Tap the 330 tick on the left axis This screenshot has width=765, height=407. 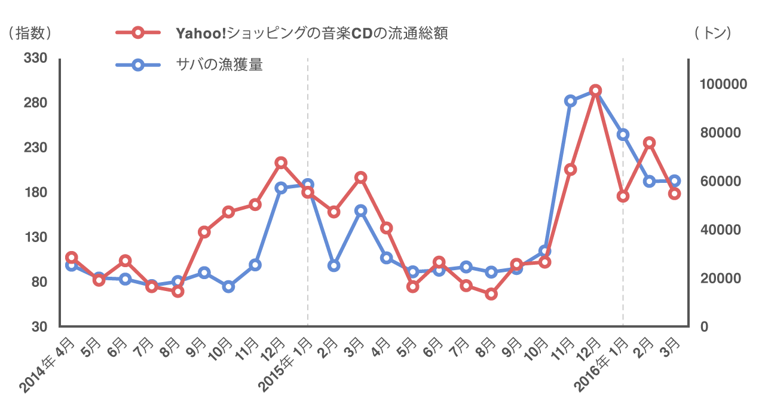pos(36,59)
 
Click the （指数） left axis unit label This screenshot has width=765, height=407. pos(30,33)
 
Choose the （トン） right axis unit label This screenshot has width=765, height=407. pos(713,33)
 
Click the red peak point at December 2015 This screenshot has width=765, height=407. pos(595,91)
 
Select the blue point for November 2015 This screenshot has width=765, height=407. pos(570,101)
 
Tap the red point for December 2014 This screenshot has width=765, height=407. pos(281,163)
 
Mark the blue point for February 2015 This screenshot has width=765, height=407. pos(334,265)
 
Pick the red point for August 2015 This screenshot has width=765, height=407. pos(491,294)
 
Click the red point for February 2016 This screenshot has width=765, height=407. pos(649,143)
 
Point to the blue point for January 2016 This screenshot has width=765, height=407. pos(623,134)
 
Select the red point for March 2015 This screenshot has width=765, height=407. pos(360,178)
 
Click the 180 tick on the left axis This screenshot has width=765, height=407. pos(36,193)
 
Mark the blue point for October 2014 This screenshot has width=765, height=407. pos(228,287)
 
